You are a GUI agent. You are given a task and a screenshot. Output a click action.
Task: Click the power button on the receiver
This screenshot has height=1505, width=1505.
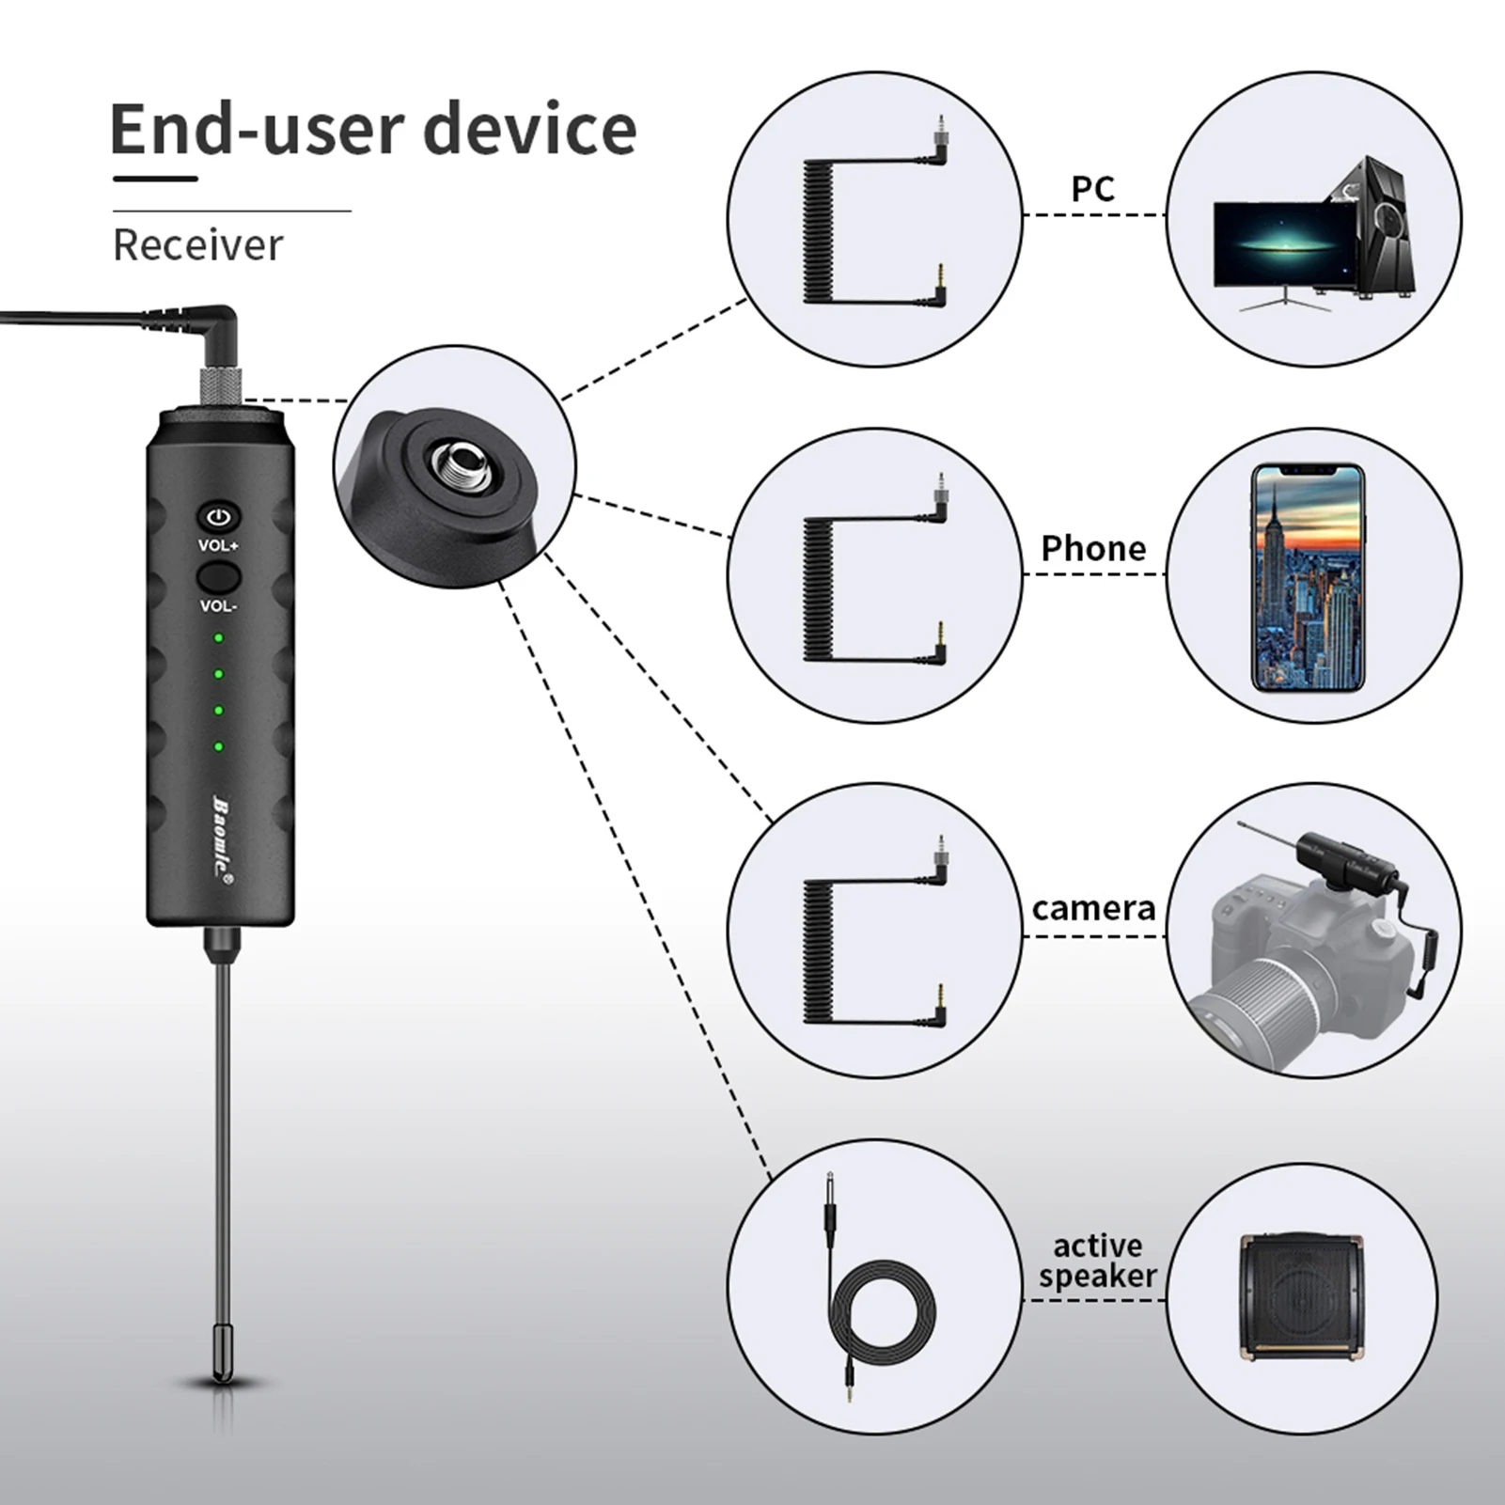tap(219, 517)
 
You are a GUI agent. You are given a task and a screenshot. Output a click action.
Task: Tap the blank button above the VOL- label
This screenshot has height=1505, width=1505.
tap(219, 575)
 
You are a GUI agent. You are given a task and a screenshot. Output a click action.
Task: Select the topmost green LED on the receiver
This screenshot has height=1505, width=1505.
tap(219, 638)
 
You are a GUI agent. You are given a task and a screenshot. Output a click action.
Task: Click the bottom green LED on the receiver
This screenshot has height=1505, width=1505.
tap(219, 747)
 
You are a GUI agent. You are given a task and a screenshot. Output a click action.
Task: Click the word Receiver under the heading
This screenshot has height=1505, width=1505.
tap(197, 245)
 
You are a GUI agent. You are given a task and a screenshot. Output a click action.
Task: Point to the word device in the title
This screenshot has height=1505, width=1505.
tap(531, 130)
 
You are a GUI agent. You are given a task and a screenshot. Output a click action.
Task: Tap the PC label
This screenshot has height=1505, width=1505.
tap(1092, 189)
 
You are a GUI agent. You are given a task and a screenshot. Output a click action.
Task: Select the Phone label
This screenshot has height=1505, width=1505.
tap(1093, 548)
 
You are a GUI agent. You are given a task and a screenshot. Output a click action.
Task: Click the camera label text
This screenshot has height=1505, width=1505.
tap(1093, 908)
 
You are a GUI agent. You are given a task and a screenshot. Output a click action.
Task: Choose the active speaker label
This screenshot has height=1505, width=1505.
tap(1097, 1261)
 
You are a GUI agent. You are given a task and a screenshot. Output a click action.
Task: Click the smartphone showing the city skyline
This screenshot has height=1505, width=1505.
tap(1308, 577)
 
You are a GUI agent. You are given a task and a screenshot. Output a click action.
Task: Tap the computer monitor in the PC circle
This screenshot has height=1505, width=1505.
tap(1283, 244)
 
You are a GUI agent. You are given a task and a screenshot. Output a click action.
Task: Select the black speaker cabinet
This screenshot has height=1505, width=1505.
tap(1302, 1298)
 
